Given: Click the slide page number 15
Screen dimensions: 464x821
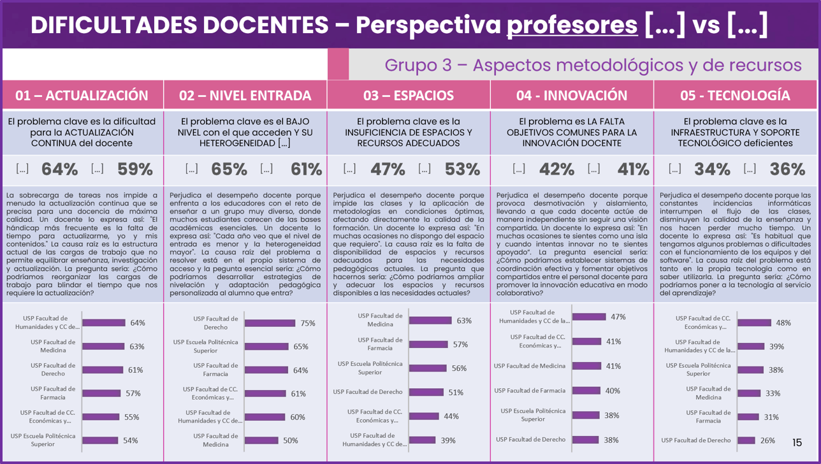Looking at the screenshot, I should pyautogui.click(x=797, y=442).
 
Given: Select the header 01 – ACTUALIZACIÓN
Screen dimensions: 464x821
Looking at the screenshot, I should pyautogui.click(x=82, y=96).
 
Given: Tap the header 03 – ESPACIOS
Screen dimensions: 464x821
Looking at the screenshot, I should pyautogui.click(x=409, y=96).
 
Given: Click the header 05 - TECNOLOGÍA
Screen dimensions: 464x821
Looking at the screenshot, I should pyautogui.click(x=735, y=96).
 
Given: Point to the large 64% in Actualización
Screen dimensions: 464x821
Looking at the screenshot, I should pyautogui.click(x=60, y=170).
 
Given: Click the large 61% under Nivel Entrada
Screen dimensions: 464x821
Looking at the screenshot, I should pyautogui.click(x=307, y=170).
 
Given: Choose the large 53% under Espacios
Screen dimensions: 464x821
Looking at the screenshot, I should pyautogui.click(x=463, y=170).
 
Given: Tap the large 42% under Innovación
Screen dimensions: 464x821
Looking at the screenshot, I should pyautogui.click(x=556, y=170).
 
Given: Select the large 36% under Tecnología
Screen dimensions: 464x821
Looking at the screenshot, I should pyautogui.click(x=787, y=170).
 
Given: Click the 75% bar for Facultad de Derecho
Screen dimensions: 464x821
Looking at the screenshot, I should pyautogui.click(x=270, y=323).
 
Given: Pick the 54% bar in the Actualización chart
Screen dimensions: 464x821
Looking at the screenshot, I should pyautogui.click(x=101, y=440).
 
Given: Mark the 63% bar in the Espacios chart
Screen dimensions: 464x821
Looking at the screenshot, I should pyautogui.click(x=430, y=321).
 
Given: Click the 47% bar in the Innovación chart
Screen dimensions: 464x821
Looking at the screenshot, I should pyautogui.click(x=589, y=317).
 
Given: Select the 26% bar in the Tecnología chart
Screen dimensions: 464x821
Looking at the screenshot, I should pyautogui.click(x=746, y=440).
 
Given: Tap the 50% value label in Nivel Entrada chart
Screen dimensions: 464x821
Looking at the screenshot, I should pyautogui.click(x=291, y=440).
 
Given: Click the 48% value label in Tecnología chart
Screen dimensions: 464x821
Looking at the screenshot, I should pyautogui.click(x=783, y=323).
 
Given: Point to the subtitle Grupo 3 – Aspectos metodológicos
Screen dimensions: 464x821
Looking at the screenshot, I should pyautogui.click(x=593, y=65).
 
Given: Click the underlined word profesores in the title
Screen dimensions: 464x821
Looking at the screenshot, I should pyautogui.click(x=572, y=25).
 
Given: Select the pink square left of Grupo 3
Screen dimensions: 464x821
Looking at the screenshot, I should pyautogui.click(x=338, y=64).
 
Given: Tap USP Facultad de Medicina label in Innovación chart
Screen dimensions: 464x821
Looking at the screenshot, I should pyautogui.click(x=530, y=366).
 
